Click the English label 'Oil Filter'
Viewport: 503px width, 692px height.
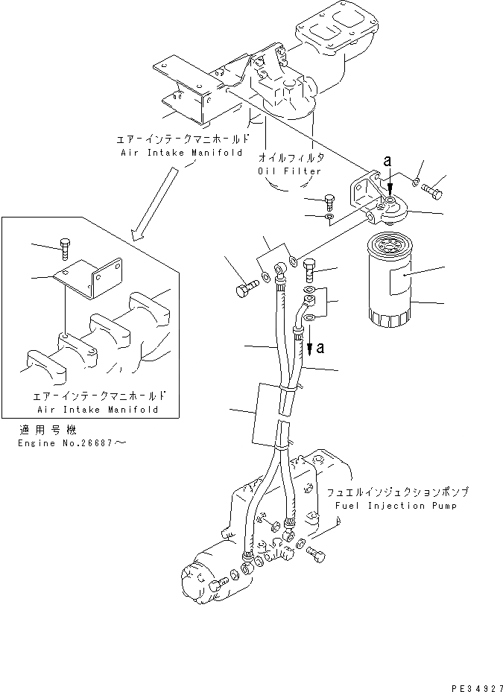[289, 171]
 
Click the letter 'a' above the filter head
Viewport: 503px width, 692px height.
[386, 160]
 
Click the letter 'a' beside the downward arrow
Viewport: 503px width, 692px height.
[320, 348]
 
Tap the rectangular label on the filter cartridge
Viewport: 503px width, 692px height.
[402, 283]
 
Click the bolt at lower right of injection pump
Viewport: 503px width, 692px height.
[316, 553]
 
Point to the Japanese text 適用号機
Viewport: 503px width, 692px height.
[42, 431]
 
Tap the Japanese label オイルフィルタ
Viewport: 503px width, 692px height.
[291, 158]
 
